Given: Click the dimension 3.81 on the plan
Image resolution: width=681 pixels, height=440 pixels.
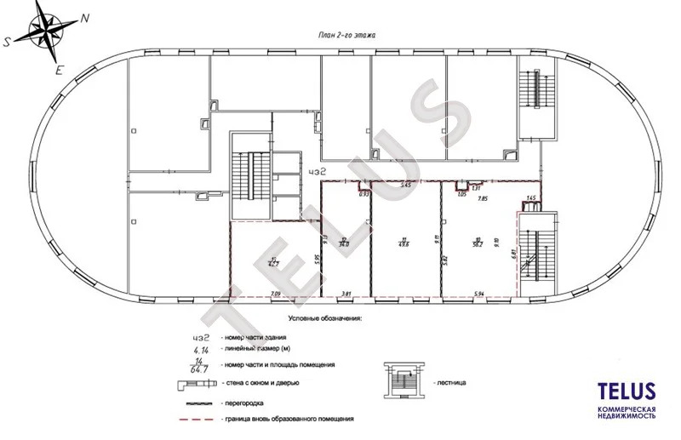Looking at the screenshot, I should [346, 294].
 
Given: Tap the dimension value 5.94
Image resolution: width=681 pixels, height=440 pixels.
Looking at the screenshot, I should [479, 294].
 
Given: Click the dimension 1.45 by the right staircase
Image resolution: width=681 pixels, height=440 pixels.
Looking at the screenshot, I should [531, 198].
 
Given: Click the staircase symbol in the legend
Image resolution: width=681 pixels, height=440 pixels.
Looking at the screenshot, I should [403, 380].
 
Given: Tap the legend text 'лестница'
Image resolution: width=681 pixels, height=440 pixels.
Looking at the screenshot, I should [449, 382].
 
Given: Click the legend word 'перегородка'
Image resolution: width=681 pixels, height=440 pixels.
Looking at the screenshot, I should [240, 401].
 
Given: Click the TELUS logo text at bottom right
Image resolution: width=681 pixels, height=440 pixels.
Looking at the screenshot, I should [627, 391].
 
